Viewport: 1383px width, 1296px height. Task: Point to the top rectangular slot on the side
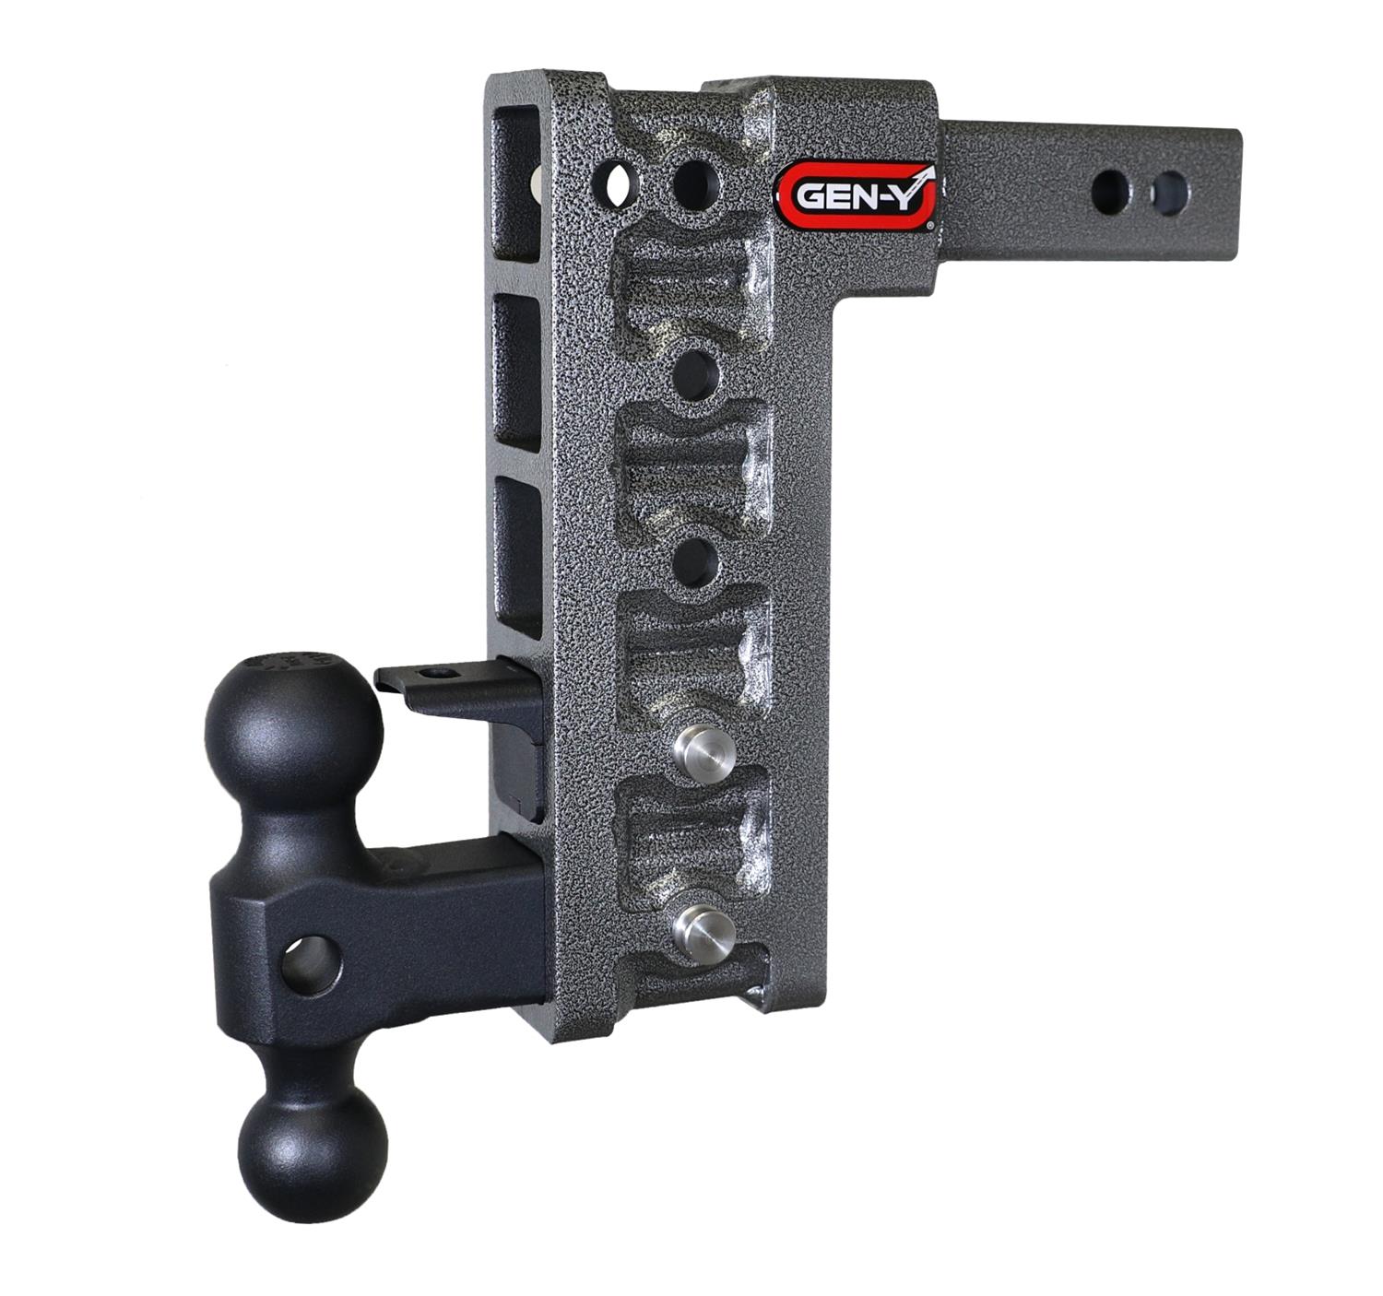coord(516,184)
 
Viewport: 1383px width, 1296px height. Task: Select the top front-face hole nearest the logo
coord(696,183)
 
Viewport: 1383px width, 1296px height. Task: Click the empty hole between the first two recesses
coord(695,374)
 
